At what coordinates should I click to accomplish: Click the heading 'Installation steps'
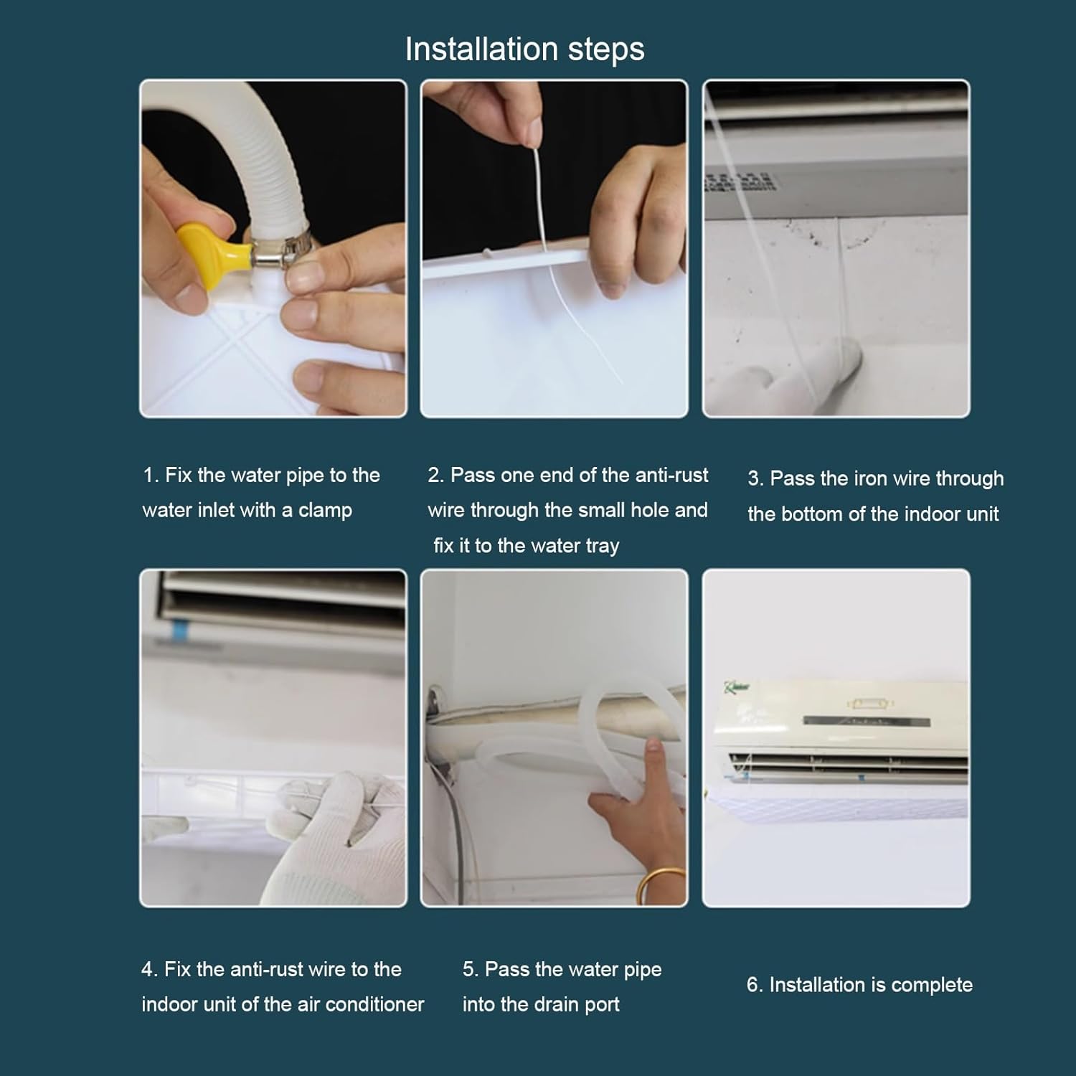point(524,49)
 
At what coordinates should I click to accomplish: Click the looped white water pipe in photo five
point(574,746)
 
